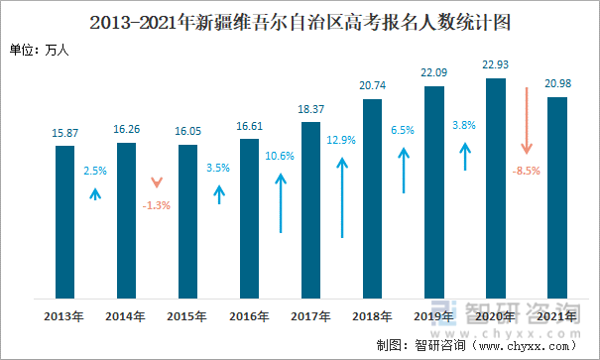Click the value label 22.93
coord(496,65)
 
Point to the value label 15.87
coord(65,133)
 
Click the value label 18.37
coord(311,109)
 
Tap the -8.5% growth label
coord(527,171)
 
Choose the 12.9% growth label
coord(342,141)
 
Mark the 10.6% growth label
coord(281,156)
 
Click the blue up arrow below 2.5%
coord(95,194)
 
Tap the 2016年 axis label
coord(250,316)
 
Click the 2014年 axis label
coord(127,316)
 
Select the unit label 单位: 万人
coord(38,50)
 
